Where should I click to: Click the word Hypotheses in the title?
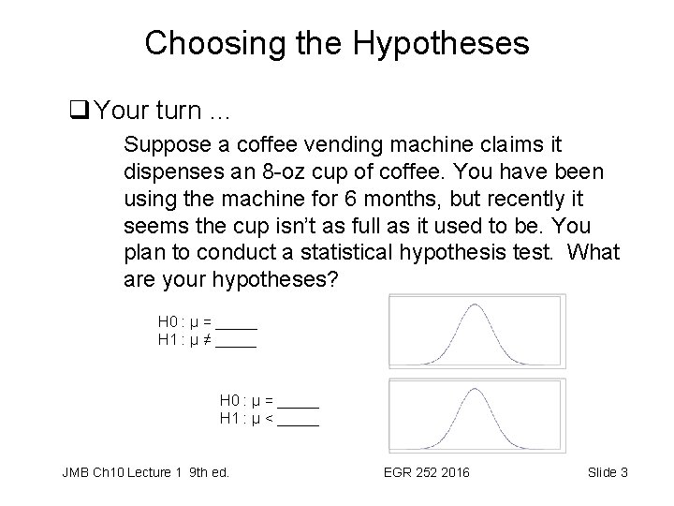click(x=446, y=42)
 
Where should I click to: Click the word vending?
click(x=315, y=146)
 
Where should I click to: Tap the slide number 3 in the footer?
click(x=623, y=472)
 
